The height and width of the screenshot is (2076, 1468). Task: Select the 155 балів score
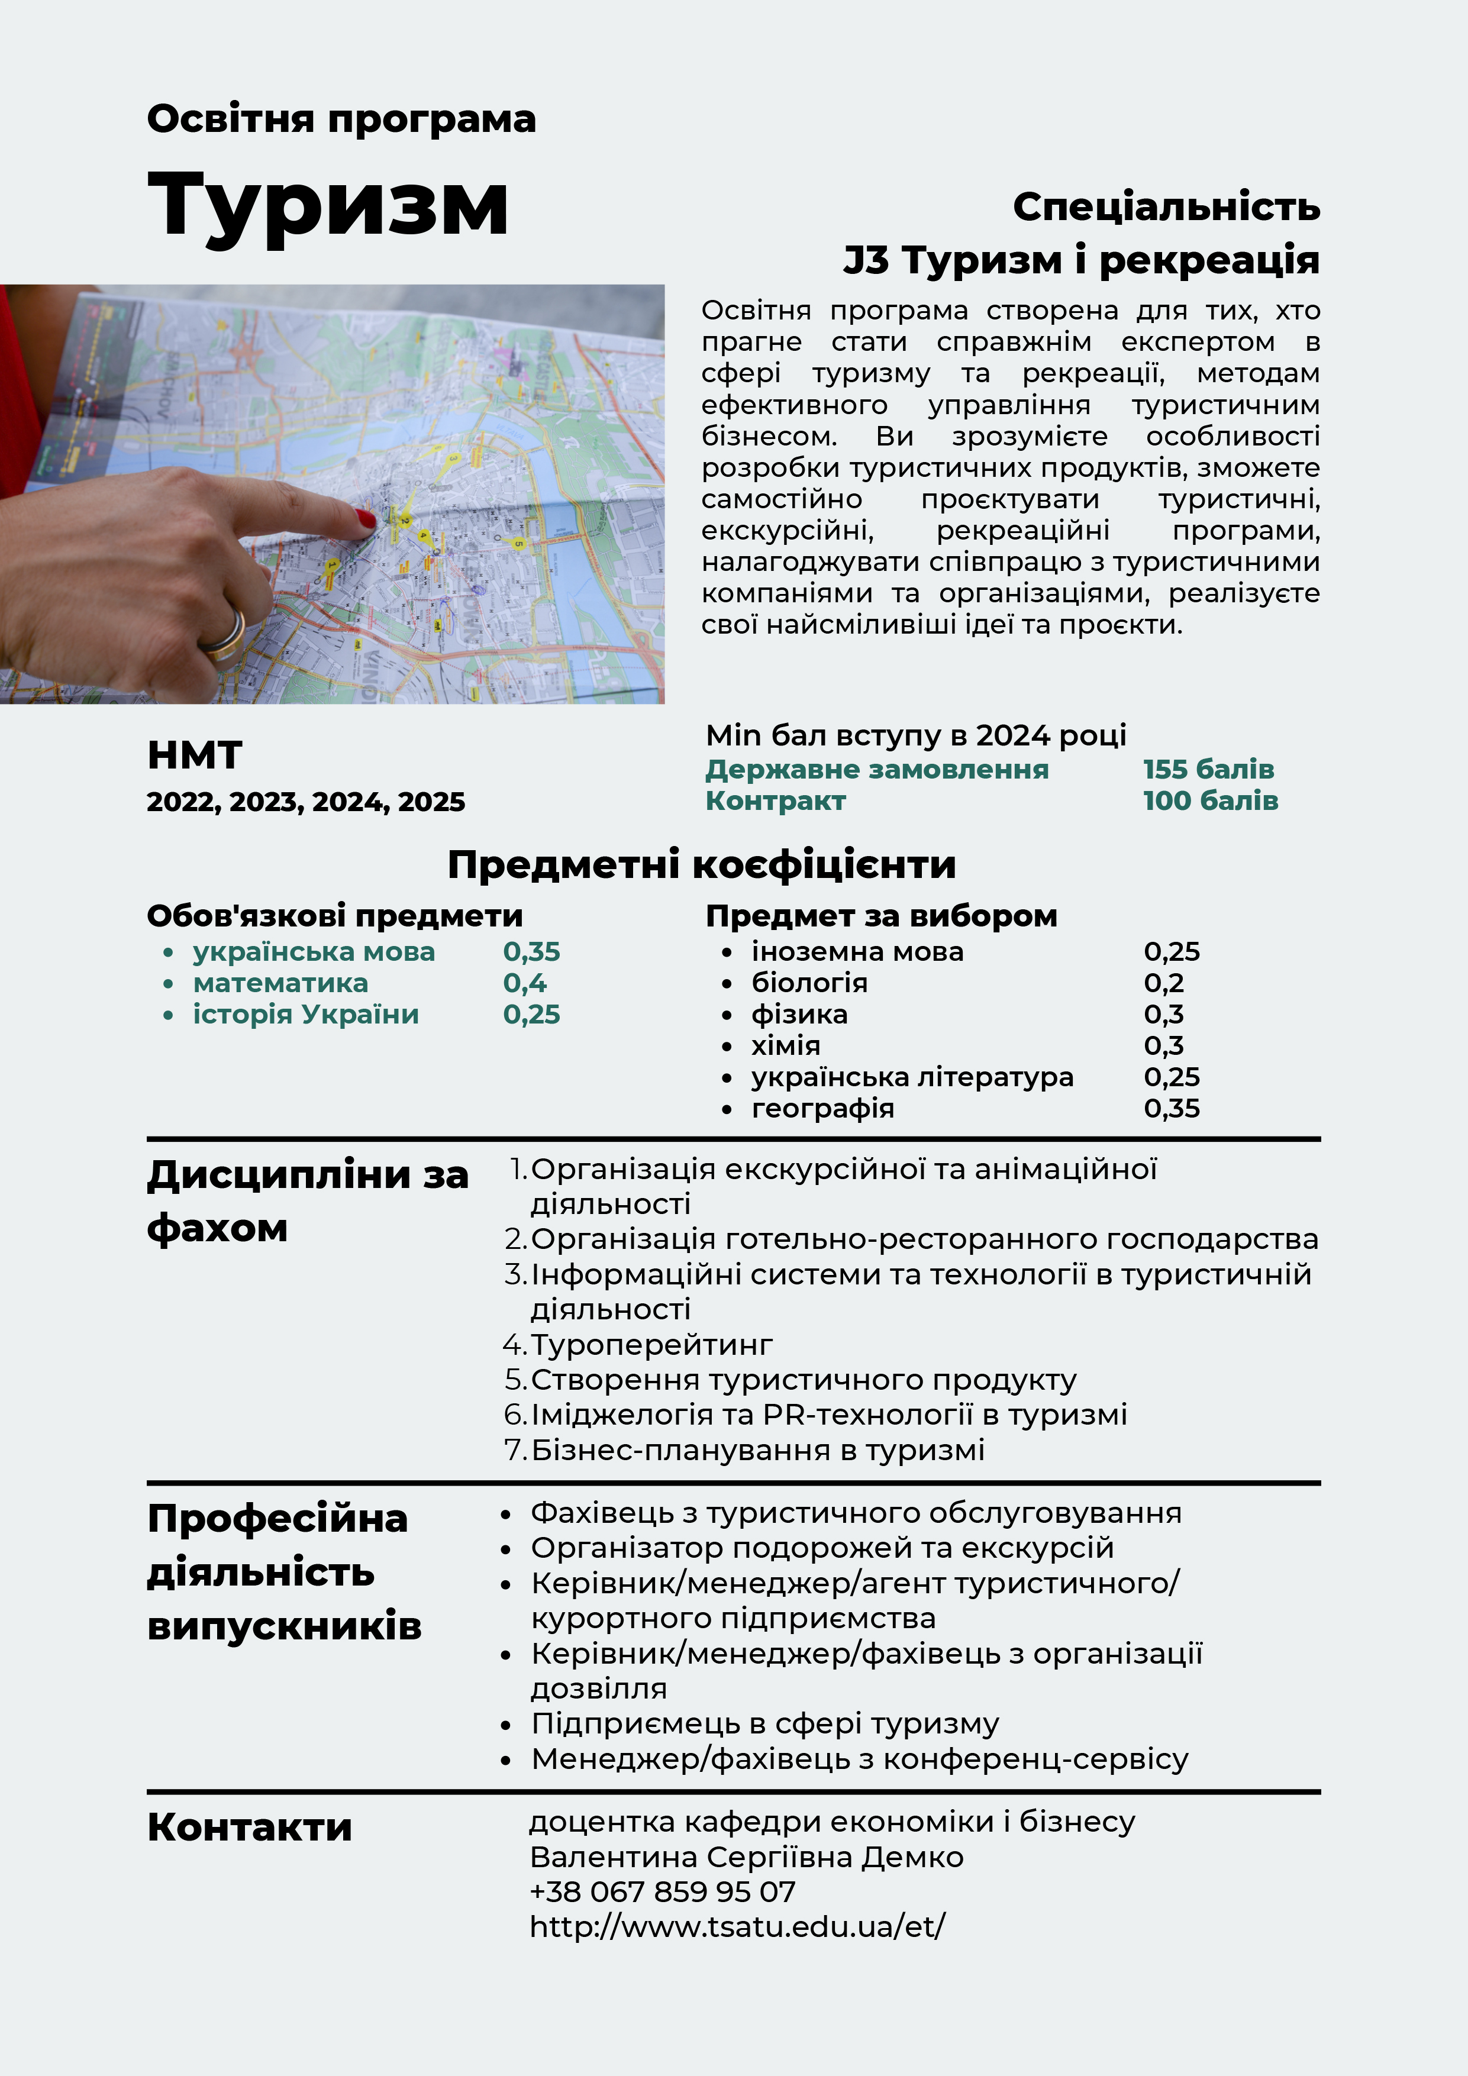click(1208, 770)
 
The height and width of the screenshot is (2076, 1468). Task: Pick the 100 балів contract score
click(1209, 800)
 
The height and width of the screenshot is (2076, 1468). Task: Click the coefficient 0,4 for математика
click(525, 983)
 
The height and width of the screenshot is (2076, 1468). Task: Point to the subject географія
click(822, 1109)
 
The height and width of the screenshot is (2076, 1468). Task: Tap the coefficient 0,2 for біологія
click(1163, 983)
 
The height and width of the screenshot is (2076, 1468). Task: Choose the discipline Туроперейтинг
click(651, 1345)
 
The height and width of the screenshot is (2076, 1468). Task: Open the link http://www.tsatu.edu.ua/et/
click(737, 1927)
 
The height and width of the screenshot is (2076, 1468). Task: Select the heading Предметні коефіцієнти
click(702, 864)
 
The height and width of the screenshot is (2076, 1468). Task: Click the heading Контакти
click(250, 1828)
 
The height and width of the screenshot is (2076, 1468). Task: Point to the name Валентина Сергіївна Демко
click(746, 1857)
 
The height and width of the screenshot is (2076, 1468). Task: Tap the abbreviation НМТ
click(195, 755)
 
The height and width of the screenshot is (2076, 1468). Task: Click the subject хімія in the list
click(785, 1045)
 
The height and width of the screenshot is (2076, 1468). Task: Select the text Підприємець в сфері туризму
click(764, 1723)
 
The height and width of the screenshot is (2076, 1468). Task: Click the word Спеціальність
click(1166, 207)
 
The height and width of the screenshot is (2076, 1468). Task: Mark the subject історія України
click(306, 1015)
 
